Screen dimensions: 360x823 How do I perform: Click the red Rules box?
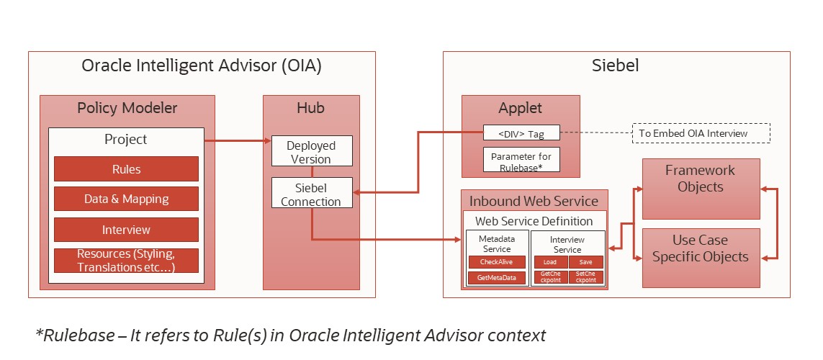(x=126, y=169)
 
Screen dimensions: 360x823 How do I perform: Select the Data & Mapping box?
(x=126, y=199)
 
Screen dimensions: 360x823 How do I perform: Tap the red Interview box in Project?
(x=126, y=230)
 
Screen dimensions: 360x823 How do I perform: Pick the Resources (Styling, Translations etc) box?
(x=126, y=261)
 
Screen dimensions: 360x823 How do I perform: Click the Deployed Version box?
(x=312, y=152)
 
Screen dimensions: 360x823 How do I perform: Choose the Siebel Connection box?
(x=312, y=194)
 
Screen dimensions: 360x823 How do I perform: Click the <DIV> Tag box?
(x=521, y=135)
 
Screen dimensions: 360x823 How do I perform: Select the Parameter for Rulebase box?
(x=521, y=160)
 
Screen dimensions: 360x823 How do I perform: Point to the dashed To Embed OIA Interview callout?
(x=701, y=133)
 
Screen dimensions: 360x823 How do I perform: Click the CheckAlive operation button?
(x=497, y=262)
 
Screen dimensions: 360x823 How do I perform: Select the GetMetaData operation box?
(x=497, y=278)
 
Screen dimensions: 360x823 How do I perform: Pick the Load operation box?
(x=550, y=262)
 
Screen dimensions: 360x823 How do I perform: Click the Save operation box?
(x=585, y=262)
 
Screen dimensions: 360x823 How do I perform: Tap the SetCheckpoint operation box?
(x=585, y=277)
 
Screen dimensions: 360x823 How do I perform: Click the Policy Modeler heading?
(x=127, y=108)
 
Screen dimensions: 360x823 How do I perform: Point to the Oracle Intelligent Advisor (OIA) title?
(x=201, y=66)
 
